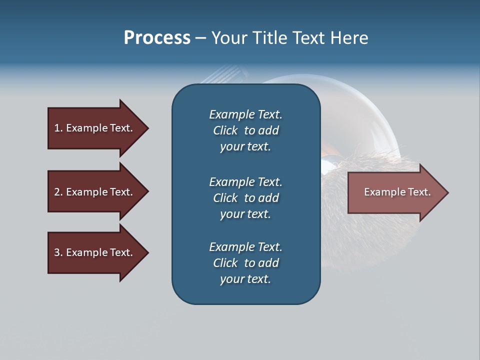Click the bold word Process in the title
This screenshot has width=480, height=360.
157,38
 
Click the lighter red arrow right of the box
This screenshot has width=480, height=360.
395,192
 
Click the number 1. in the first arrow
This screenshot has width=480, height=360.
58,128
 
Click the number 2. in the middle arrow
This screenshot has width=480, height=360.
58,192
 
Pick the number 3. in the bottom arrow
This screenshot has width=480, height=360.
58,252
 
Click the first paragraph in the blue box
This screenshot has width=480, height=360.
245,130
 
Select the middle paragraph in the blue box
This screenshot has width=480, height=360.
245,197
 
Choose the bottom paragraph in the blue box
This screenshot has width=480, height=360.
245,262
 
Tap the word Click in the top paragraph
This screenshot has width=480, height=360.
225,130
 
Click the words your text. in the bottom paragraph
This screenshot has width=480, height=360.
245,279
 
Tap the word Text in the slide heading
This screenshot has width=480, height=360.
306,38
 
